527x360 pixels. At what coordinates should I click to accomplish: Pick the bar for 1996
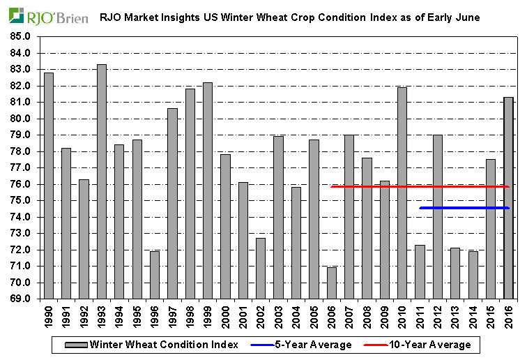(x=155, y=275)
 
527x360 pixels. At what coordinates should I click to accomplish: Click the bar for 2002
(x=261, y=269)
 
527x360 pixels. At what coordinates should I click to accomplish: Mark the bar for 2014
(x=473, y=275)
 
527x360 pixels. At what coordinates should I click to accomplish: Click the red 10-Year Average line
(x=418, y=186)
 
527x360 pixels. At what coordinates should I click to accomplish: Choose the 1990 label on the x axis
(x=49, y=317)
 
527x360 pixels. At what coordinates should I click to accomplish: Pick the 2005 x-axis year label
(x=314, y=317)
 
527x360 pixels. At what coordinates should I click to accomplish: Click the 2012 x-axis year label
(x=438, y=317)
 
